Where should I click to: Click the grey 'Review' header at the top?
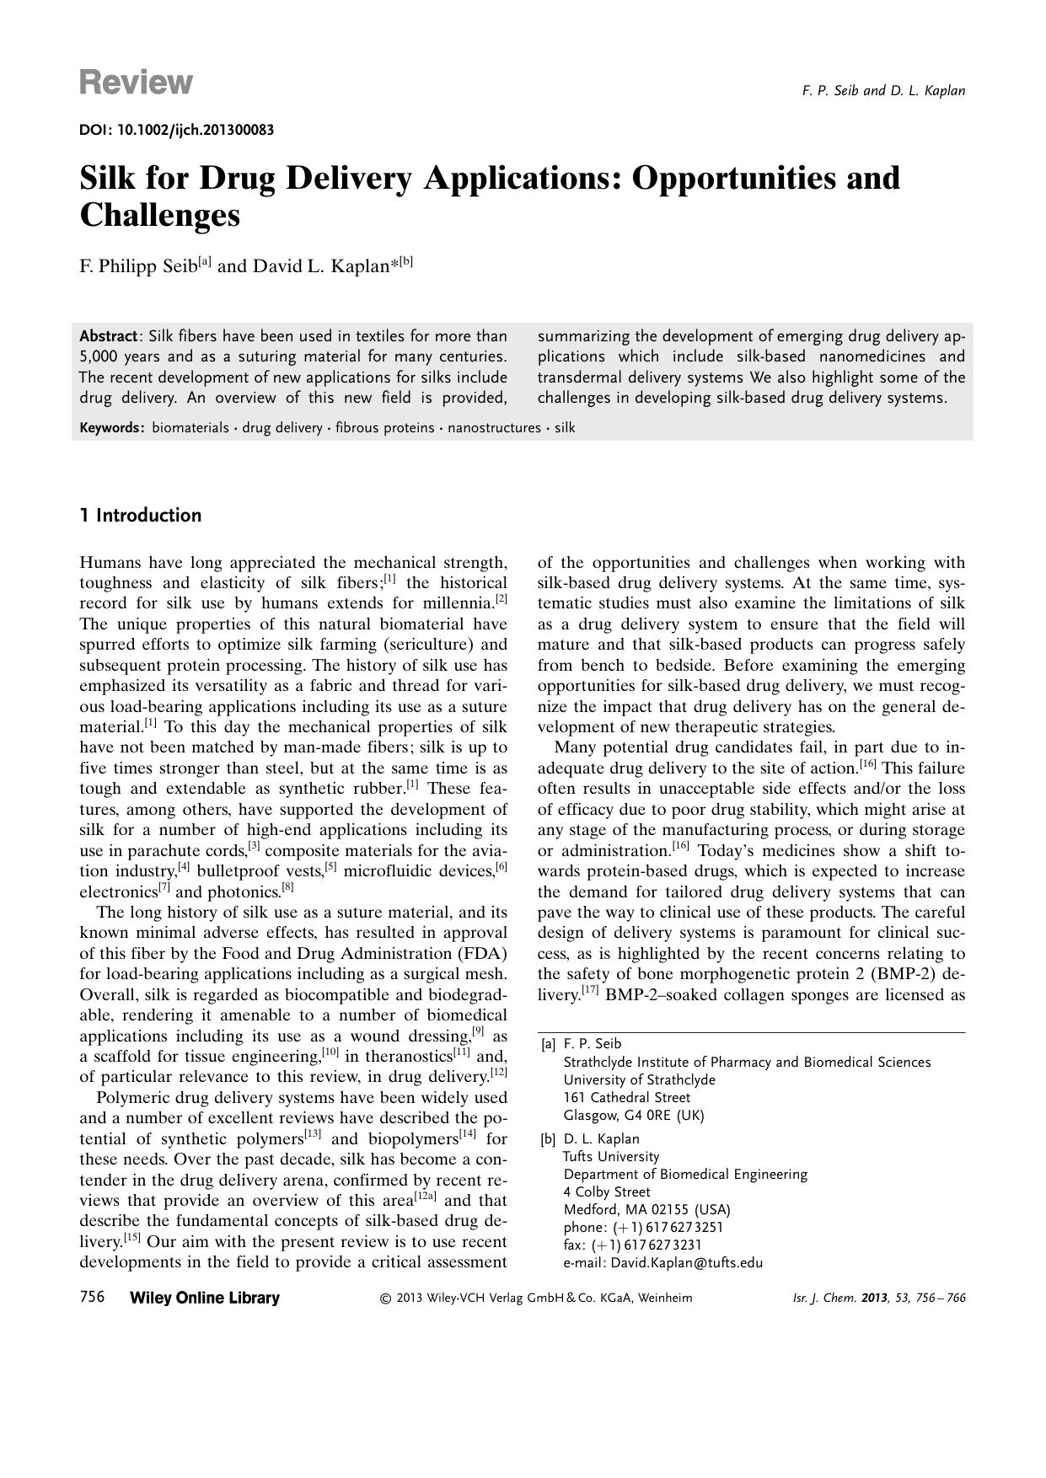[136, 83]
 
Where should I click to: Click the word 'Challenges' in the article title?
[160, 215]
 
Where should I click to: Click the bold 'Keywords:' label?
[112, 428]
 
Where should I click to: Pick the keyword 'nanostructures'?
[494, 428]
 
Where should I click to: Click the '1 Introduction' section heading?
[141, 516]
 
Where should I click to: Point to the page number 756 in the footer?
[92, 1297]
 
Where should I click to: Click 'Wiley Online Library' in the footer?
[205, 1298]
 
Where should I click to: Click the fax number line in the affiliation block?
[632, 1245]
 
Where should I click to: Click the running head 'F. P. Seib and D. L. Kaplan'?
[883, 91]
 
